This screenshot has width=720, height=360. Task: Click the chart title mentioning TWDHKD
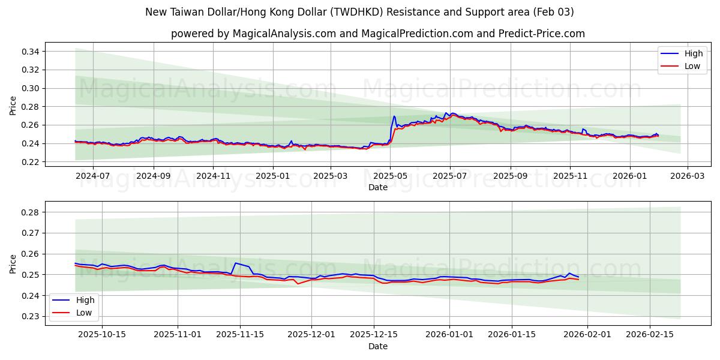coord(359,12)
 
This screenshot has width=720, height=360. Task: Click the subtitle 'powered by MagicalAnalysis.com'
coord(377,34)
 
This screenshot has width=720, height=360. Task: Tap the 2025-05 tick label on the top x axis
coord(390,176)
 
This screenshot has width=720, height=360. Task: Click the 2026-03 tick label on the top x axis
coord(687,176)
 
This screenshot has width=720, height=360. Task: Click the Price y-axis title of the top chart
coord(13,106)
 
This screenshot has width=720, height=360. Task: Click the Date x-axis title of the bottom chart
coord(377,346)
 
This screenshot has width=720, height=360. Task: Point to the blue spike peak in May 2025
coord(394,116)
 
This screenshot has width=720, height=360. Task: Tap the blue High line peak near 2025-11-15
coord(235,263)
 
